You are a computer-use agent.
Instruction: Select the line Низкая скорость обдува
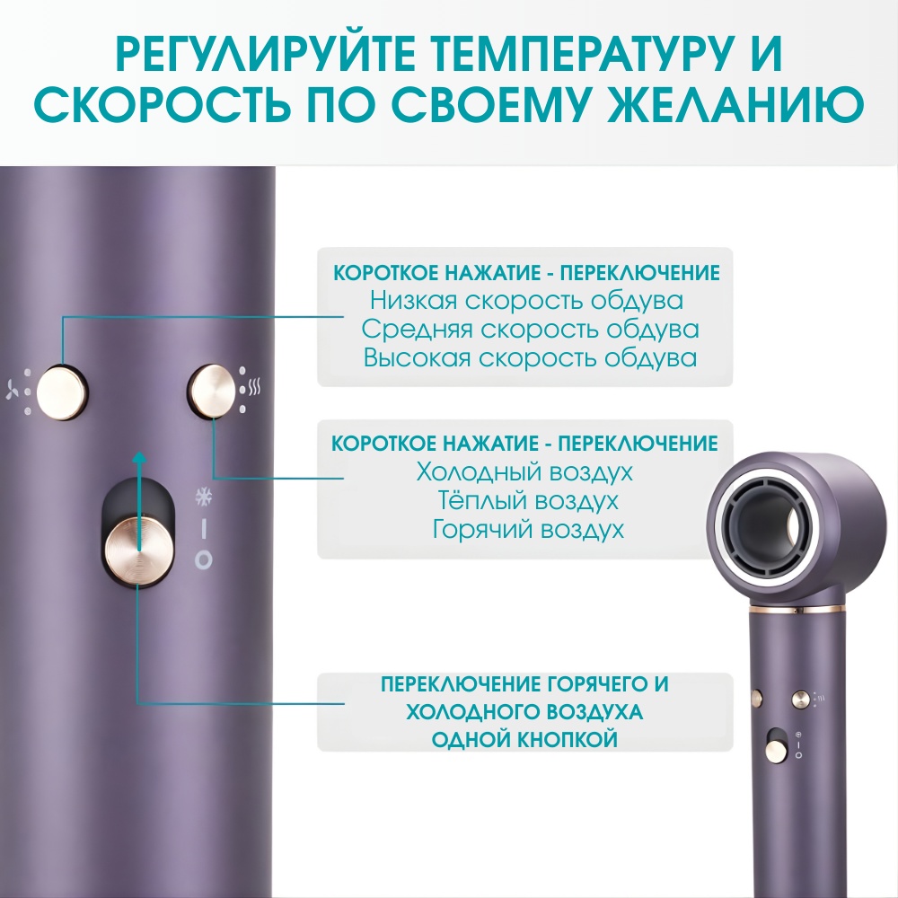pos(526,301)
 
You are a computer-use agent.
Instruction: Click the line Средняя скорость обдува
pos(530,330)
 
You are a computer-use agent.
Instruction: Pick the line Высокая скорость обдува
pos(530,358)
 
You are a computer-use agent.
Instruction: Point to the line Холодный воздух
pos(524,472)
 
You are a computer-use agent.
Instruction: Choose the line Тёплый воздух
pos(527,500)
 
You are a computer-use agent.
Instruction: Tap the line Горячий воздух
pos(527,529)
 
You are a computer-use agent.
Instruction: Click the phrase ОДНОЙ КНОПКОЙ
pos(524,739)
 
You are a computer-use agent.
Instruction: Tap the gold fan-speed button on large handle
pos(61,392)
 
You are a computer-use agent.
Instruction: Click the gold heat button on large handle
pos(213,391)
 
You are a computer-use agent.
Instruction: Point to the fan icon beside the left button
pos(12,389)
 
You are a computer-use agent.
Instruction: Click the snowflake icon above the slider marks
pos(203,497)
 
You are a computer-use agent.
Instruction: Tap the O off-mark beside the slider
pos(203,560)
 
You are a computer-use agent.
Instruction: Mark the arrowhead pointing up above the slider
pos(138,457)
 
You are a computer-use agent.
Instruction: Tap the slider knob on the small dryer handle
pos(776,749)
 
